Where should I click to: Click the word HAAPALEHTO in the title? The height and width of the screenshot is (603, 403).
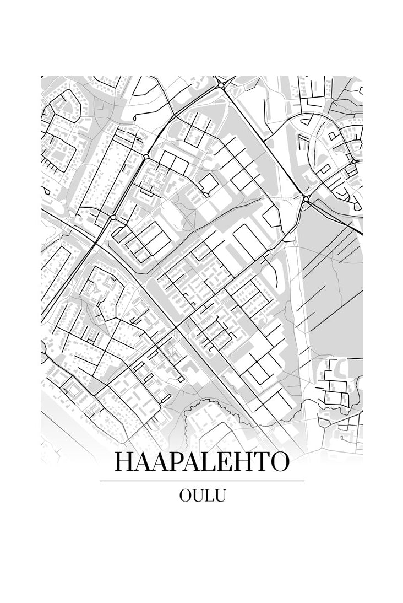point(201,462)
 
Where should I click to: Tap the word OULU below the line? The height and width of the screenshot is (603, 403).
point(202,495)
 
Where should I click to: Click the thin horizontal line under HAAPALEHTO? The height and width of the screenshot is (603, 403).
point(201,481)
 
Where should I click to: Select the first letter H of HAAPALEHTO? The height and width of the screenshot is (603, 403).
point(123,462)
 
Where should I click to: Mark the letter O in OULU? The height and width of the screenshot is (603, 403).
point(186,495)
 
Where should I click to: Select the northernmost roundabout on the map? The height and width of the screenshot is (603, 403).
point(221,85)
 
